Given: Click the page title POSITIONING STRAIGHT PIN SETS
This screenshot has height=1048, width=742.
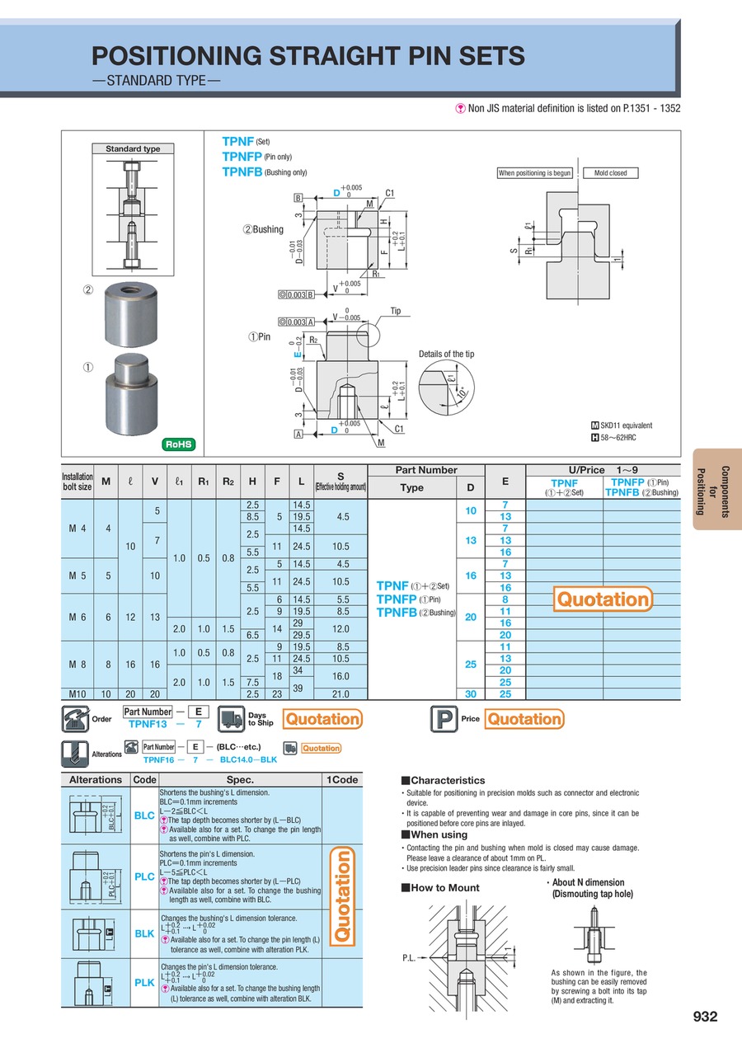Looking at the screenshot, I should [x=308, y=56].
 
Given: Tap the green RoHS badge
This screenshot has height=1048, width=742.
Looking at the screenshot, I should [x=179, y=444].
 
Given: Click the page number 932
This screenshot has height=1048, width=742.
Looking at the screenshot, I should [x=705, y=1017].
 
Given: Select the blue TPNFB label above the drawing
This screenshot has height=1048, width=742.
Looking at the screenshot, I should [x=242, y=172].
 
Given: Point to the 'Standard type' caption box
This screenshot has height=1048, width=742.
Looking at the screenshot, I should [x=133, y=149].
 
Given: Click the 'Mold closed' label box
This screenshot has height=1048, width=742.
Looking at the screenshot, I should [x=610, y=173].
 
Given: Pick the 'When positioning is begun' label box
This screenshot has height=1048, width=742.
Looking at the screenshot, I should [x=534, y=173].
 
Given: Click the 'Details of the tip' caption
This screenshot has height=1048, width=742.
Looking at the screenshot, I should [x=446, y=354].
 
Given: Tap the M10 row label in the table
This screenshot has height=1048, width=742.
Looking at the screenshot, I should [x=78, y=694].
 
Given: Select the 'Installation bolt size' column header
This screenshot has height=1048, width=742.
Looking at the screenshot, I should [x=77, y=482].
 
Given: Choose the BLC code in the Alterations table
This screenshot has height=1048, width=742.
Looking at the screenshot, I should [x=144, y=815].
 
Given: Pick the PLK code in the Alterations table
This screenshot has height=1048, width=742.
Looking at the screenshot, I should [x=144, y=983].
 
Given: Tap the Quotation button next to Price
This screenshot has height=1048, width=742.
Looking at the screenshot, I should [x=524, y=719].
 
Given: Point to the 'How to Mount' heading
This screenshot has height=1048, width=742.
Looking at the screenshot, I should [x=439, y=888].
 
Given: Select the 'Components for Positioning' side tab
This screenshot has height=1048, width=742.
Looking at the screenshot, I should [x=718, y=490].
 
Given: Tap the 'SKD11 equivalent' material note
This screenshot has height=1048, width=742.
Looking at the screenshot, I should [x=621, y=425].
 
